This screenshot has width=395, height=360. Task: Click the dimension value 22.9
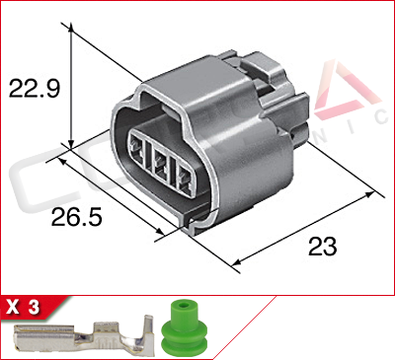click(36, 90)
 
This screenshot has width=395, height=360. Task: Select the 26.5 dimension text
click(77, 214)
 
